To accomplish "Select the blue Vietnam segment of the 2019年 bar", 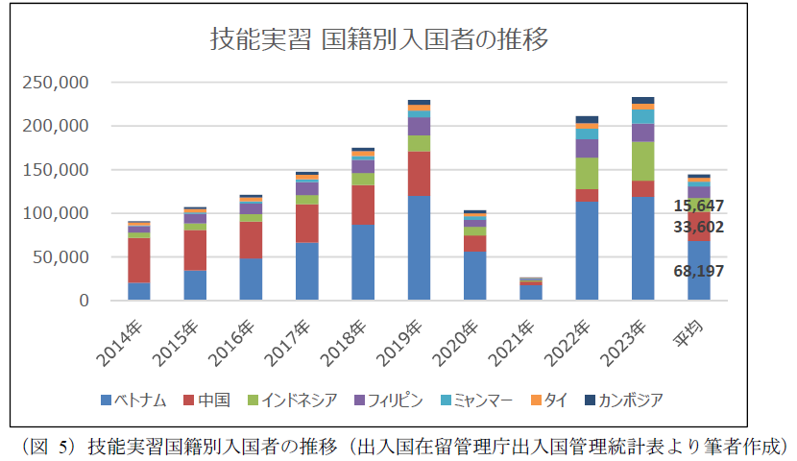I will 419,248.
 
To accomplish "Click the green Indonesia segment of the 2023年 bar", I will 642,160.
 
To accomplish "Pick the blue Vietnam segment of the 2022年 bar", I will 587,251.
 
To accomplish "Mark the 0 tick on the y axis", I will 84,301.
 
